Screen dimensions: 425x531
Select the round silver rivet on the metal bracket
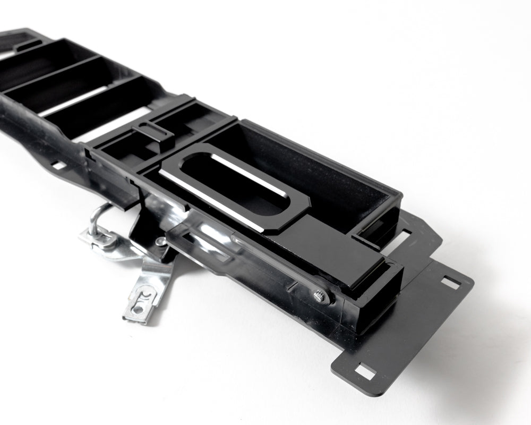[x=159, y=242]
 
